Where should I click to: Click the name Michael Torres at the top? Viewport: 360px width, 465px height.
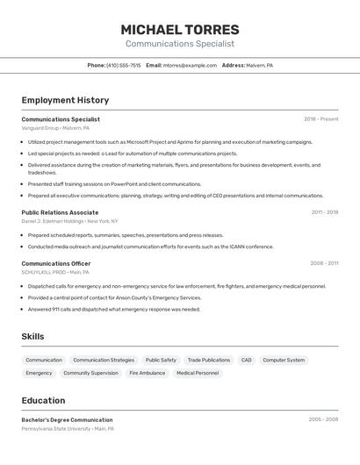pos(179,29)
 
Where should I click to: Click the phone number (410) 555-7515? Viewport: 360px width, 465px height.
pos(123,65)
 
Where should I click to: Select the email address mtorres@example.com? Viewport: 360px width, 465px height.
pos(190,65)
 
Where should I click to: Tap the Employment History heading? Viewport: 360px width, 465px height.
pos(65,100)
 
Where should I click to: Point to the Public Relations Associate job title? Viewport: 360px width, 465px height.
pos(60,212)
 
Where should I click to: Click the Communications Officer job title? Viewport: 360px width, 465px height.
pos(56,263)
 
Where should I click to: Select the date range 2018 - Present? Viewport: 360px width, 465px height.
pos(320,119)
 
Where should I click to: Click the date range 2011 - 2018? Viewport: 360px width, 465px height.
pos(324,212)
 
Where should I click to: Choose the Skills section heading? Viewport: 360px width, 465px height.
pos(32,336)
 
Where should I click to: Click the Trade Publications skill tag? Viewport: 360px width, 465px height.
pos(209,360)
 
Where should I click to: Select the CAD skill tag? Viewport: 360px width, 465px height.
pos(246,360)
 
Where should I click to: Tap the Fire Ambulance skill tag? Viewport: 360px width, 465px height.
pos(147,373)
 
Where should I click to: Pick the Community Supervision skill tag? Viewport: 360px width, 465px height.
pos(90,373)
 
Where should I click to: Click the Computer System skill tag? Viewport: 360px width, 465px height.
pos(284,360)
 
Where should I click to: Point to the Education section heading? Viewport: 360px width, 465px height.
pos(43,400)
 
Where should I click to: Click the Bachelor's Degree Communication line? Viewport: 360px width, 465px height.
pos(67,419)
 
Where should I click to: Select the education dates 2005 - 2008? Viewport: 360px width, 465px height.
pos(323,419)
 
